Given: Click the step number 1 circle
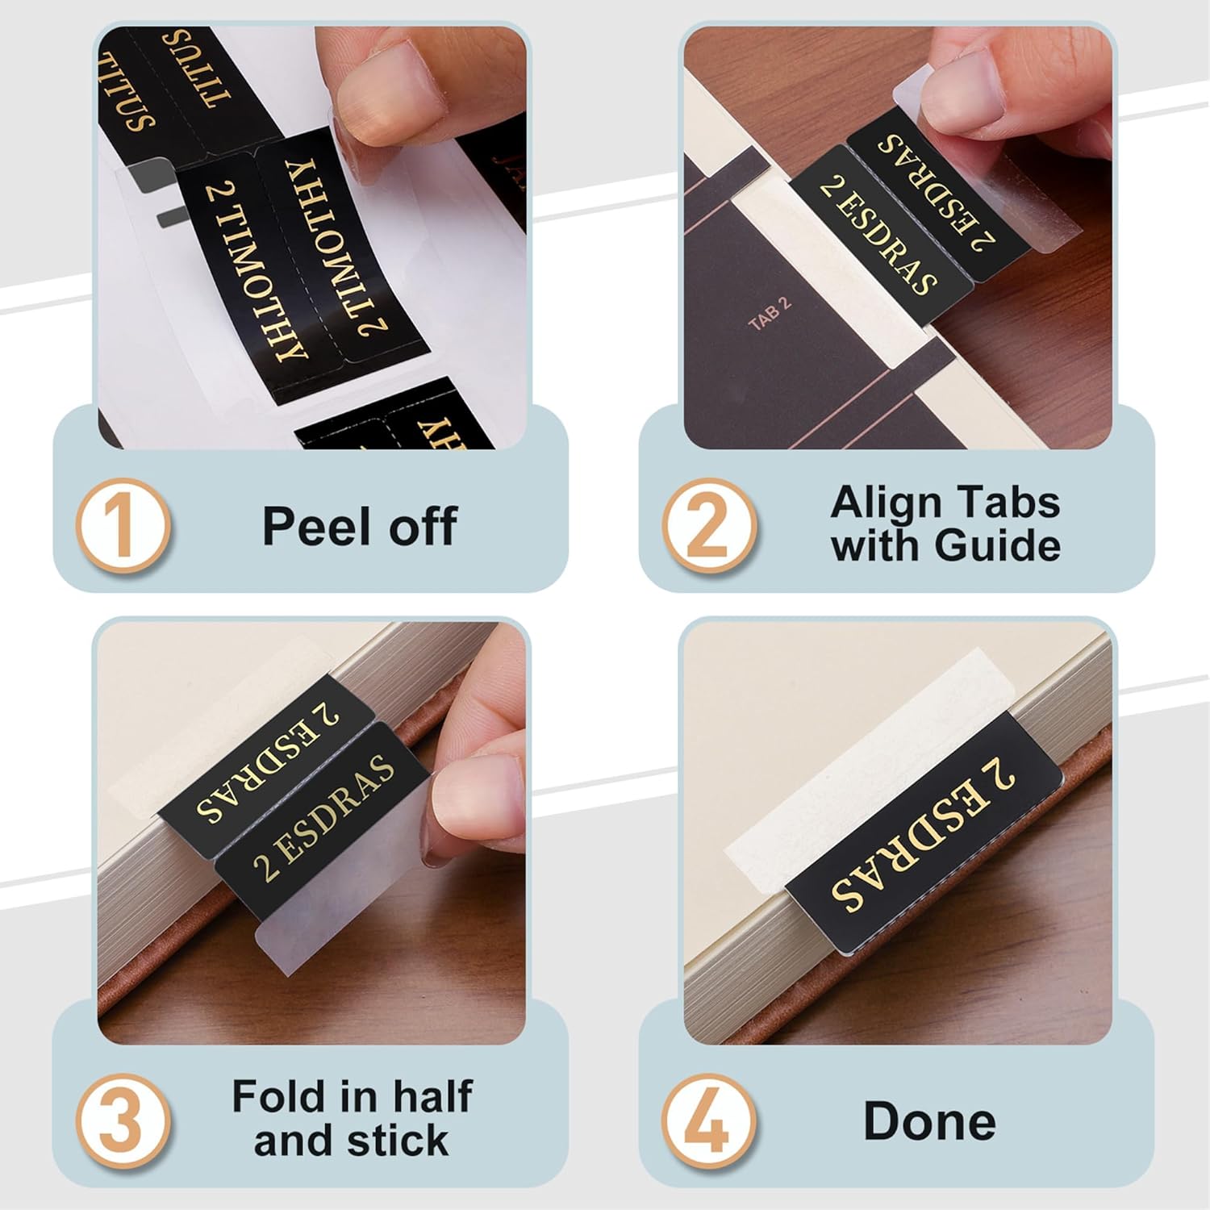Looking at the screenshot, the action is [123, 527].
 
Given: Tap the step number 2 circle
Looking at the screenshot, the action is [709, 527].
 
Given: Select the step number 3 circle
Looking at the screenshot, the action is [123, 1121].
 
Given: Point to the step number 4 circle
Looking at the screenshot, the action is [709, 1121].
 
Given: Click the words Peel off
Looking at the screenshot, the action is [360, 527].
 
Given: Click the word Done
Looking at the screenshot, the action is [929, 1122].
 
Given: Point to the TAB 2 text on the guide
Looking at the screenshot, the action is [770, 313].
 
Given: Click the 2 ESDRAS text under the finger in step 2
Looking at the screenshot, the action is [936, 193].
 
